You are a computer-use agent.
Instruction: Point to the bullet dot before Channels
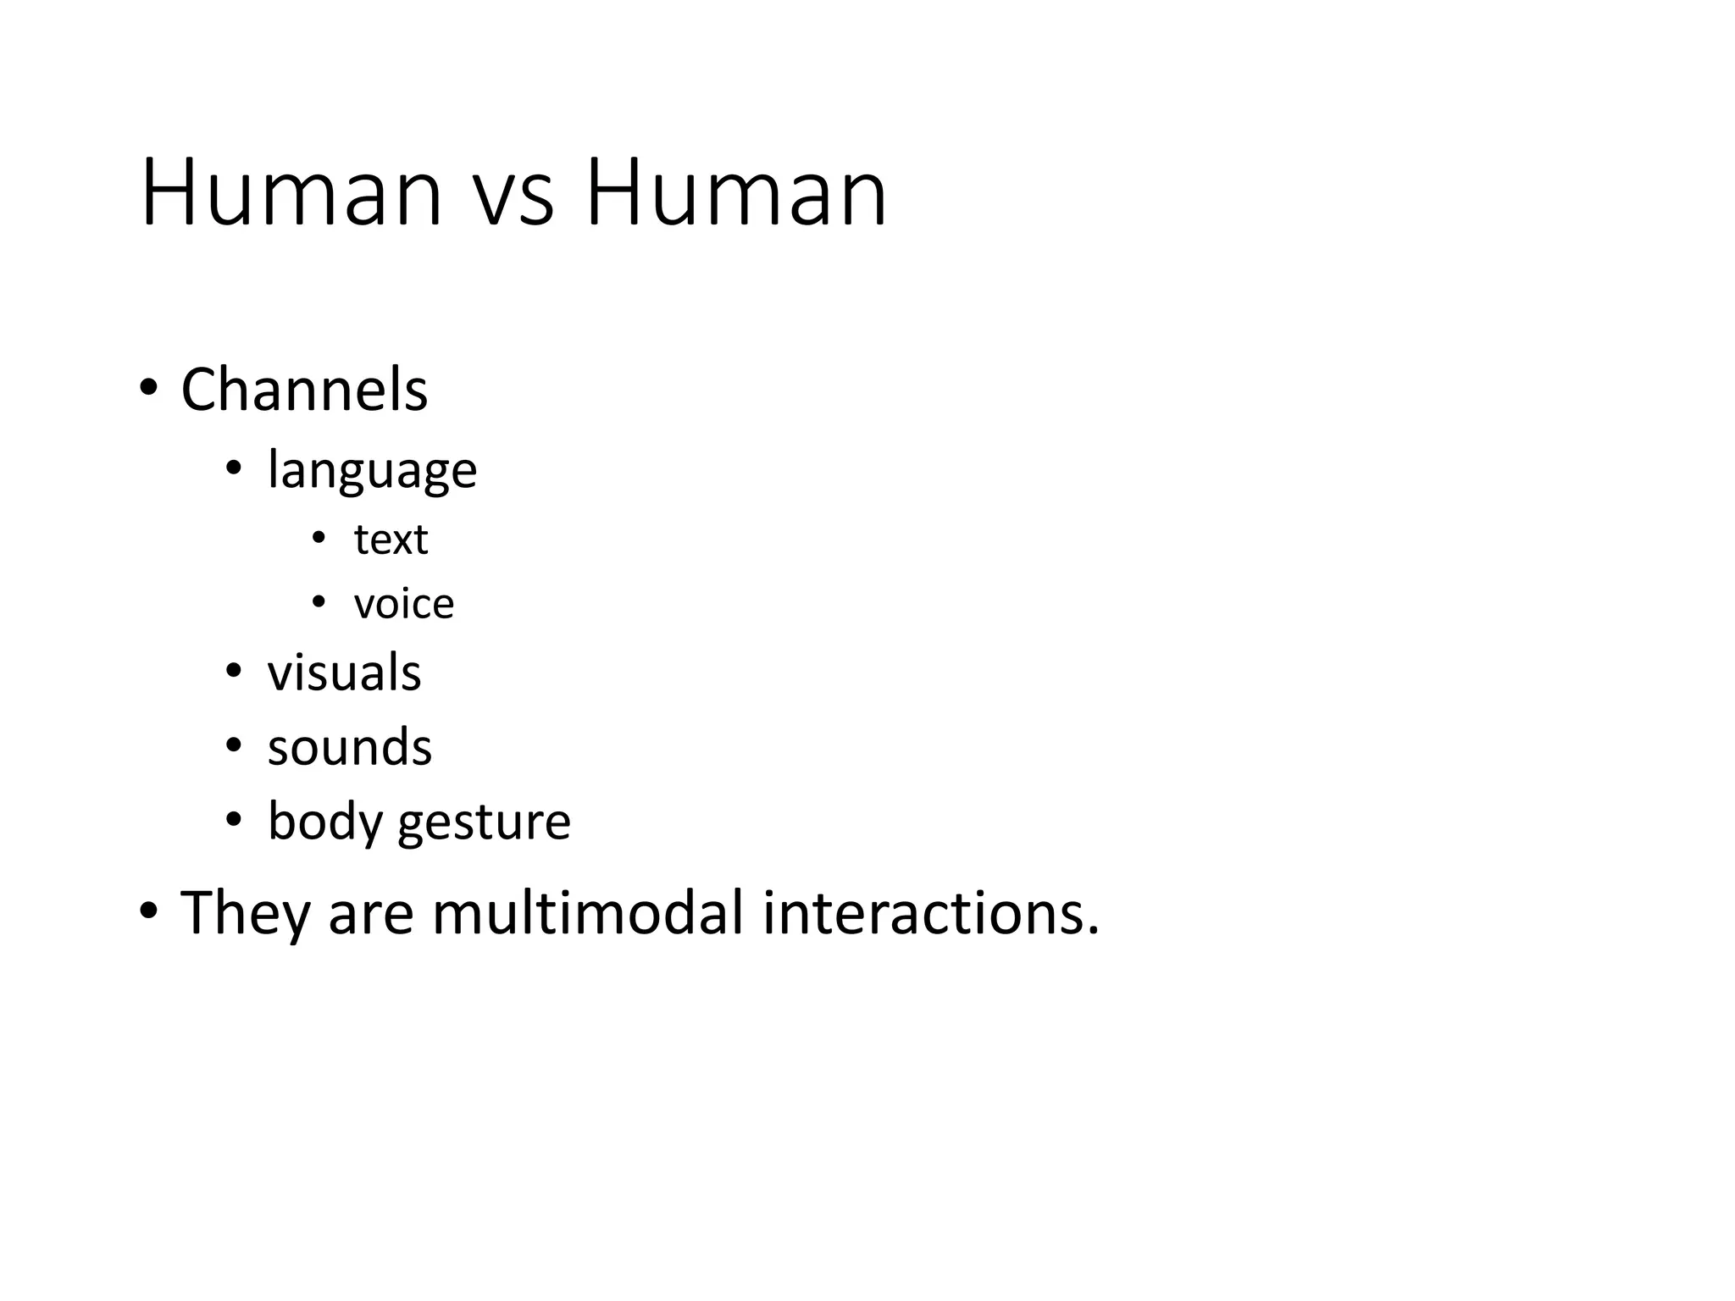(148, 389)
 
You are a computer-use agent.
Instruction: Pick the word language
(372, 471)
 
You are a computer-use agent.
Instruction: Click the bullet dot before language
(234, 468)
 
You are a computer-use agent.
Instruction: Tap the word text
(391, 540)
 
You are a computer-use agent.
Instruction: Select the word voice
(404, 604)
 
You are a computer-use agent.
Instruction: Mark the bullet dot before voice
(319, 602)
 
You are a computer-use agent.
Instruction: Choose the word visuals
(344, 673)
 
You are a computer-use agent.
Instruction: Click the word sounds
(350, 747)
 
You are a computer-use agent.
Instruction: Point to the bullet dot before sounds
(234, 745)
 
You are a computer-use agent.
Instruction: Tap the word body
(324, 822)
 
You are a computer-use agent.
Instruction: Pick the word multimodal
(587, 913)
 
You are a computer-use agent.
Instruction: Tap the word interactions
(930, 913)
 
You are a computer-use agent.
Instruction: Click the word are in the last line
(370, 916)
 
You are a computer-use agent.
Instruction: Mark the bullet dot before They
(148, 911)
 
